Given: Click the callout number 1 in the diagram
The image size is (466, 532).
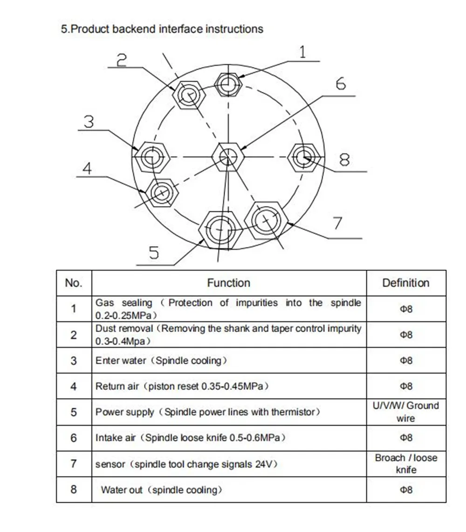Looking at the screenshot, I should (x=302, y=52).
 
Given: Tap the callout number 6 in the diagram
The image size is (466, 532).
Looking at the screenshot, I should (x=341, y=84).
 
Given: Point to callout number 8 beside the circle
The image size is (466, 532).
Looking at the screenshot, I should (x=344, y=160).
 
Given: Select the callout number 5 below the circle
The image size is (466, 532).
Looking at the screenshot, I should (x=154, y=253).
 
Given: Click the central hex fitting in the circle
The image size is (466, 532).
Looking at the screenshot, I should (x=228, y=157).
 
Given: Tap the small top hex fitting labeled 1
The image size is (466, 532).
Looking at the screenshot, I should (x=228, y=85).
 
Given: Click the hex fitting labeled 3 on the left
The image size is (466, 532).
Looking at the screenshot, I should (x=151, y=158).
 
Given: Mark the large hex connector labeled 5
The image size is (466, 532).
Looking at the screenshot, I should (x=219, y=228).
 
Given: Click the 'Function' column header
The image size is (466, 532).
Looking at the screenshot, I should (x=228, y=283).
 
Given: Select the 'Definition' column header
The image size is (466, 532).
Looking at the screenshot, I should (x=405, y=283).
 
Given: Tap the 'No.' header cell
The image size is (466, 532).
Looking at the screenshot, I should (x=74, y=283).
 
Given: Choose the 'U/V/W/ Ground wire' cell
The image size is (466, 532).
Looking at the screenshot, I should (x=405, y=412).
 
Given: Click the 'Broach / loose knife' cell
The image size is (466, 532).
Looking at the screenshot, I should (x=405, y=463).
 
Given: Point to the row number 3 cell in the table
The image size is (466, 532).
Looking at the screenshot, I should (x=74, y=360).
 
